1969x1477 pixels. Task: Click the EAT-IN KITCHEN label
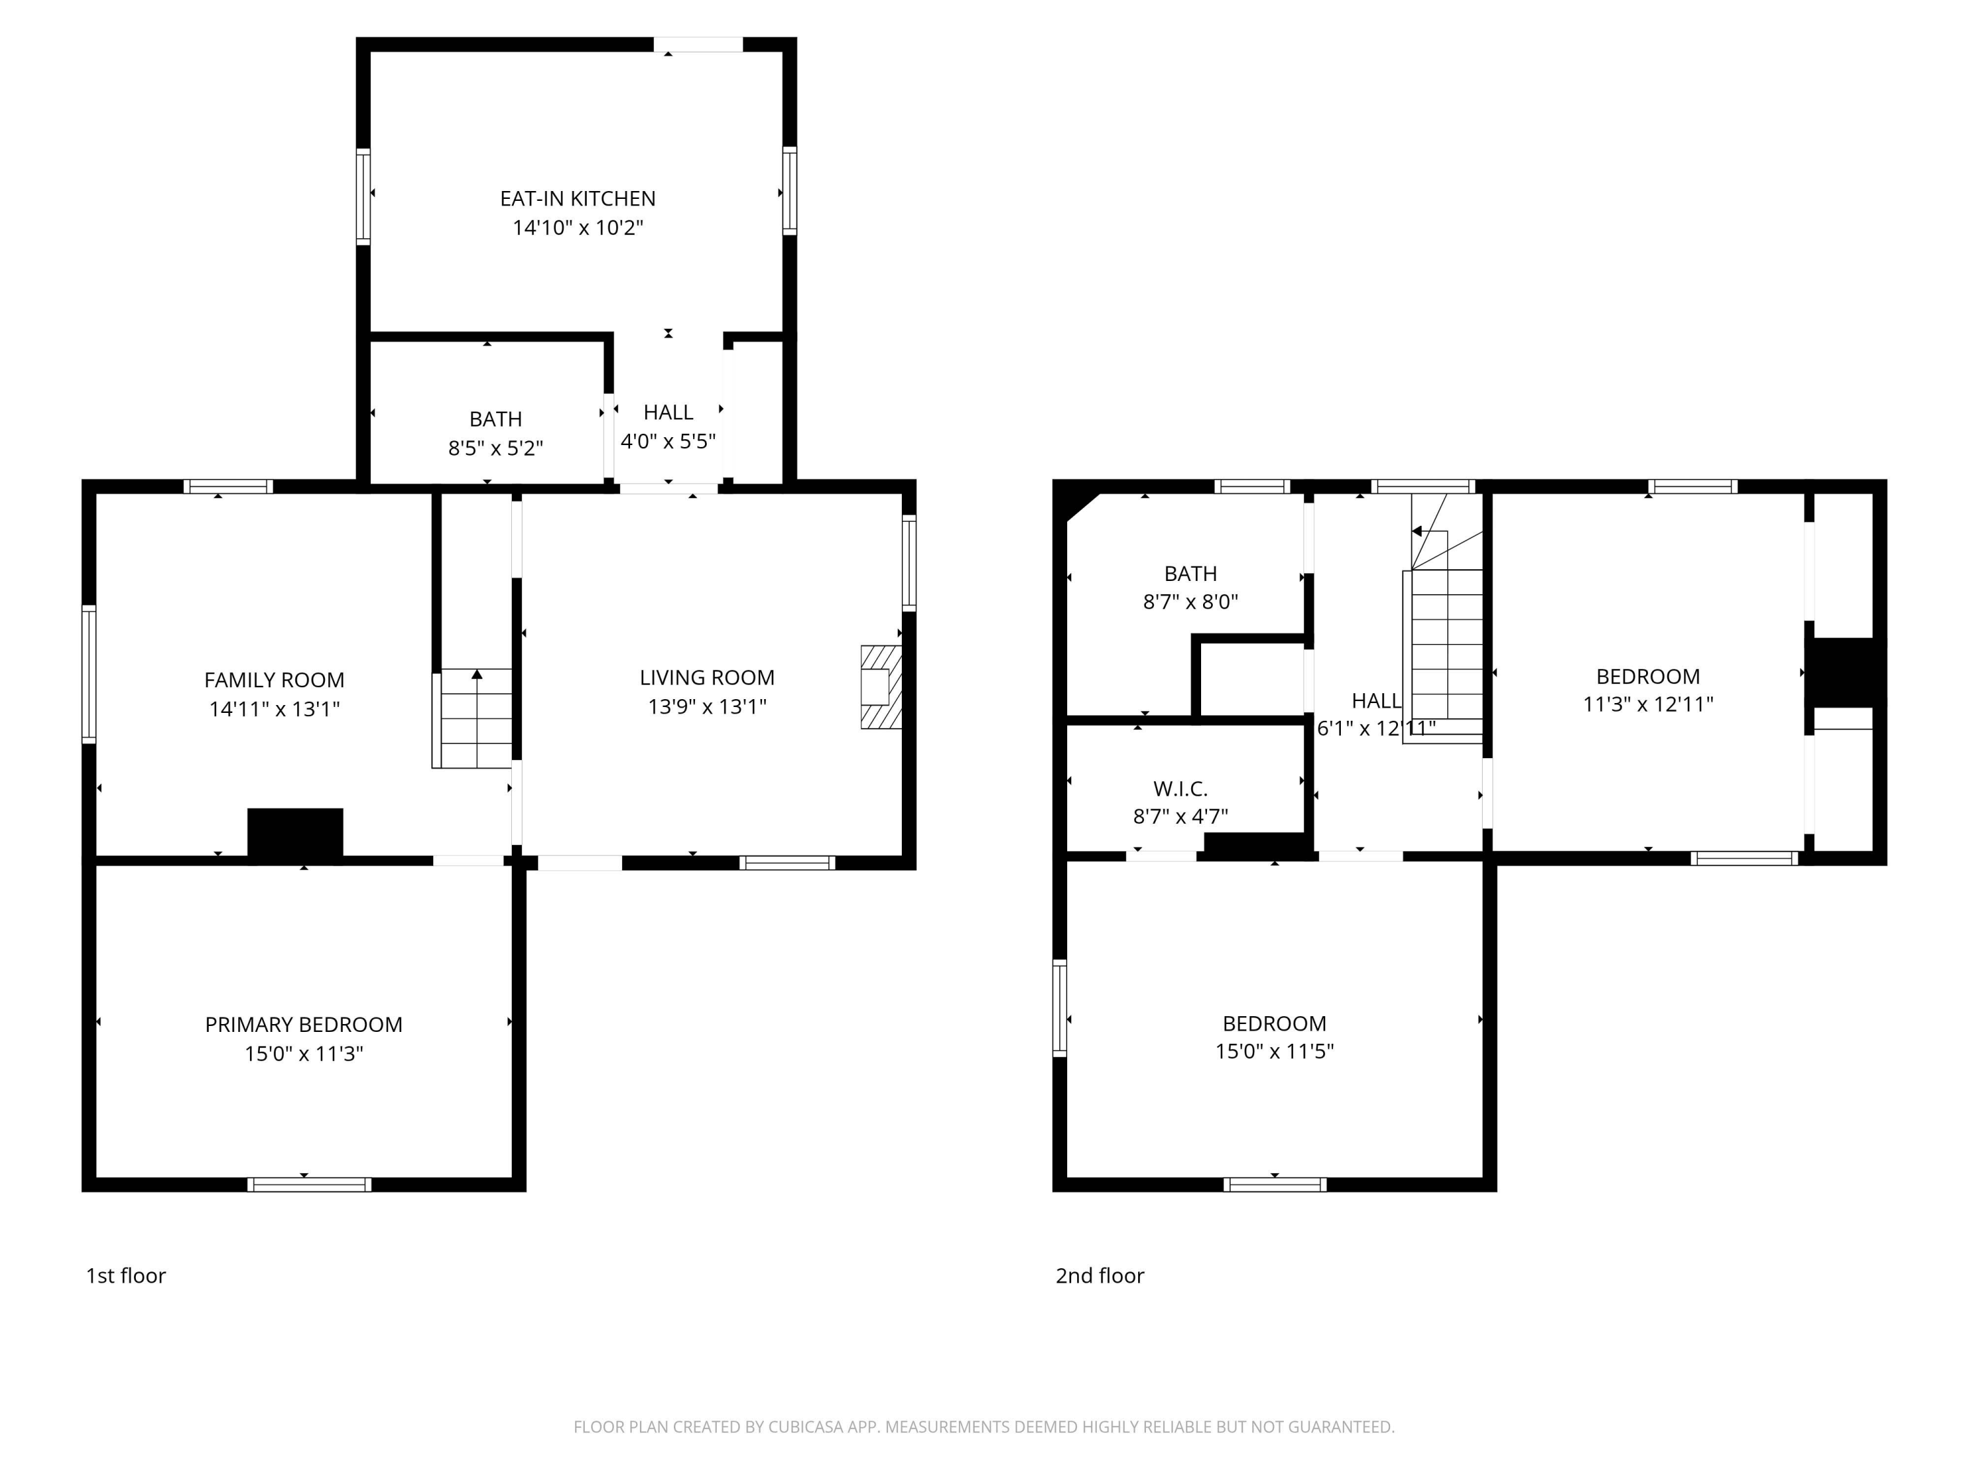coord(577,198)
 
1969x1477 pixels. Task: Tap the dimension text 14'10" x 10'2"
coord(577,228)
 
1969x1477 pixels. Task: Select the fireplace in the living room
coord(880,687)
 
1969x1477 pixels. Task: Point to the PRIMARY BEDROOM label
coord(303,1025)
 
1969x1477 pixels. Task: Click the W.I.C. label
coord(1179,789)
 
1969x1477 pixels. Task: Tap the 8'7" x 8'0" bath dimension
coord(1190,602)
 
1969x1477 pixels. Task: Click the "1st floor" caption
coord(125,1275)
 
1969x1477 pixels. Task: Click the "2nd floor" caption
coord(1099,1275)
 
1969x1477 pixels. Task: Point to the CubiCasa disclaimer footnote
coord(984,1427)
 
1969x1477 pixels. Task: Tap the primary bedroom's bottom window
coord(309,1184)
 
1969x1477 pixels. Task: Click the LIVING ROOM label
coord(707,677)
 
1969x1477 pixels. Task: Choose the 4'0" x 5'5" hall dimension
coord(667,442)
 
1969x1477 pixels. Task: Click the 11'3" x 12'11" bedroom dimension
coord(1647,704)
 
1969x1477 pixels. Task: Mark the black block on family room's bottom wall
coord(295,835)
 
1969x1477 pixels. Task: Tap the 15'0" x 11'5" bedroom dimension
coord(1274,1052)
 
